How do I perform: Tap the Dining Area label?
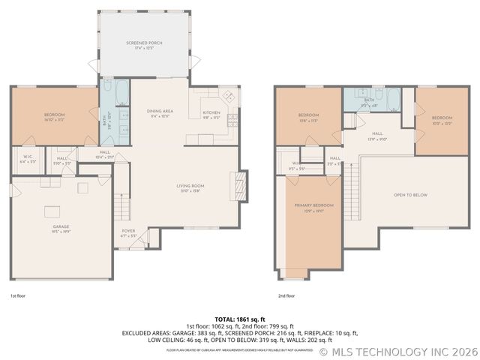pyautogui.click(x=160, y=113)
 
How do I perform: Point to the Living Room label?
pyautogui.click(x=190, y=187)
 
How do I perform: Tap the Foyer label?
pyautogui.click(x=128, y=232)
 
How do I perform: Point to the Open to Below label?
pyautogui.click(x=410, y=195)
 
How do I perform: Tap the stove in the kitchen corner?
pyautogui.click(x=229, y=97)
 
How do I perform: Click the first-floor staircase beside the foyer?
pyautogui.click(x=121, y=202)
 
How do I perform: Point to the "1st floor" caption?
pyautogui.click(x=19, y=295)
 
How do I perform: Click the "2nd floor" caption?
pyautogui.click(x=287, y=295)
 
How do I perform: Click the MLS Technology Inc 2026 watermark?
pyautogui.click(x=397, y=351)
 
